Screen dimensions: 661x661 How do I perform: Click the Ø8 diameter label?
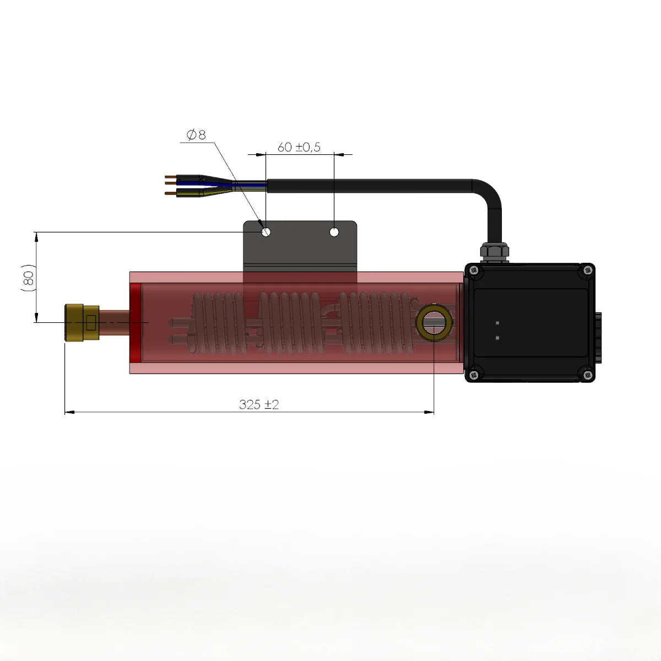click(196, 134)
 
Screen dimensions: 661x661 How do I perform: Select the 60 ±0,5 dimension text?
click(299, 147)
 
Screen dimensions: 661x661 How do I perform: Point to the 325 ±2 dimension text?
click(259, 404)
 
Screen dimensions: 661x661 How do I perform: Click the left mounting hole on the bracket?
click(266, 232)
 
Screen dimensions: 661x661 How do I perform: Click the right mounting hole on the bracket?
click(334, 232)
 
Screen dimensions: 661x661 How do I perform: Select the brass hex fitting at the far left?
click(81, 322)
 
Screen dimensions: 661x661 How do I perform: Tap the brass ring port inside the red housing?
click(435, 324)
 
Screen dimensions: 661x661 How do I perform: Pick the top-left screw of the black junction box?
click(473, 270)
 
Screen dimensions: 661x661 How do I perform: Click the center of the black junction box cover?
click(530, 323)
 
